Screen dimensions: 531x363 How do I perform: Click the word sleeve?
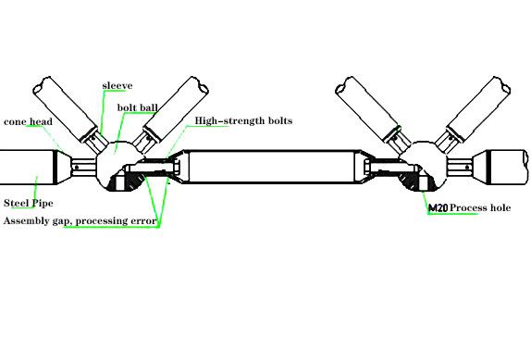coord(117,86)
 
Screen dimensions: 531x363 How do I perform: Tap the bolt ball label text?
coord(138,107)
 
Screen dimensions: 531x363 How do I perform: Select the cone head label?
coord(28,121)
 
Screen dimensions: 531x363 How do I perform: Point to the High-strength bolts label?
coord(243,120)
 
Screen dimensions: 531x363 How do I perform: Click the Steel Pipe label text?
coord(29,203)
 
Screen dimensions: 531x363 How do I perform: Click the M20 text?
coord(438,207)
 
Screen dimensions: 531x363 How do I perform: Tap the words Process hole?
coord(480,207)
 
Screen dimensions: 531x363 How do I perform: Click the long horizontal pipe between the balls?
coord(271,167)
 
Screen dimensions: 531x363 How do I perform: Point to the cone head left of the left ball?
coord(63,168)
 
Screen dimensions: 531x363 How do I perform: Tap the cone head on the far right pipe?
coord(481,167)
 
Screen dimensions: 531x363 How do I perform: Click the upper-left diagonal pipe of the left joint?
coord(66,109)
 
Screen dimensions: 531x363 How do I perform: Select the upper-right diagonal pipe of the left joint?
coord(176,108)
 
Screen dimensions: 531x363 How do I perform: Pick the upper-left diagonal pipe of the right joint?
coord(367,108)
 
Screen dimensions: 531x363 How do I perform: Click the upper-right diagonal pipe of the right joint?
coord(478,108)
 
